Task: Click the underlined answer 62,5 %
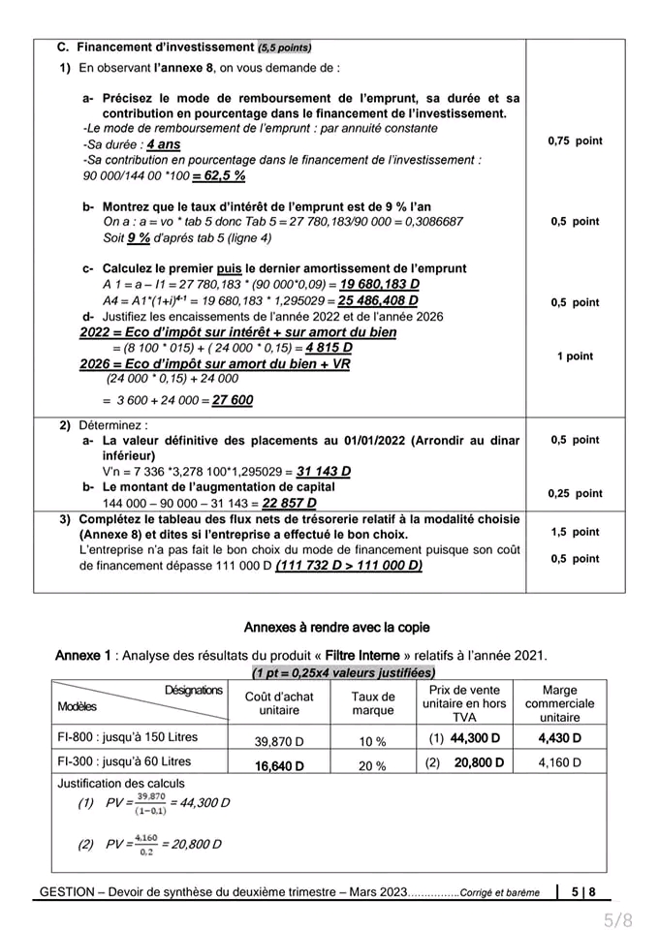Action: click(x=219, y=176)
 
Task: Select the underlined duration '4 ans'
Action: click(x=164, y=144)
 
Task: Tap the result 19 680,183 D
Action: click(x=379, y=285)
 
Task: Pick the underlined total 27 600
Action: click(x=233, y=400)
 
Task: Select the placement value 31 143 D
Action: click(x=324, y=472)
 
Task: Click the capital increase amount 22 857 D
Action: click(x=289, y=504)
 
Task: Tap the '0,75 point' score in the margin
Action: click(x=575, y=141)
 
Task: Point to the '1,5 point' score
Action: click(x=575, y=532)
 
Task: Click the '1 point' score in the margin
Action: click(x=575, y=356)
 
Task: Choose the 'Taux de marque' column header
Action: click(x=372, y=703)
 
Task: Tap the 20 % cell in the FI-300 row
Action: click(x=372, y=765)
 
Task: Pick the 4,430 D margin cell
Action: click(x=560, y=738)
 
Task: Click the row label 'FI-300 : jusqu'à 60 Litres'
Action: click(x=125, y=762)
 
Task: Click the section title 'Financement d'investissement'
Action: click(x=165, y=46)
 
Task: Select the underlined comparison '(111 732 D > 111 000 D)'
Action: click(x=349, y=566)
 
